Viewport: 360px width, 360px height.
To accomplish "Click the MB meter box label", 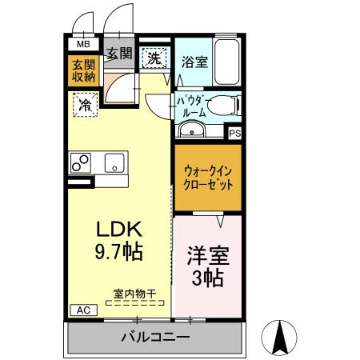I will [83, 45].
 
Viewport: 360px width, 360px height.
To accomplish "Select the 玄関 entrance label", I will [119, 54].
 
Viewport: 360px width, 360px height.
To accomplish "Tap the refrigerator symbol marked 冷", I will [83, 103].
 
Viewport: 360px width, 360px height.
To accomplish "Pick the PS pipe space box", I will [234, 134].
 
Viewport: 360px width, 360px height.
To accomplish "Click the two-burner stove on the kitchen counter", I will [81, 162].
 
